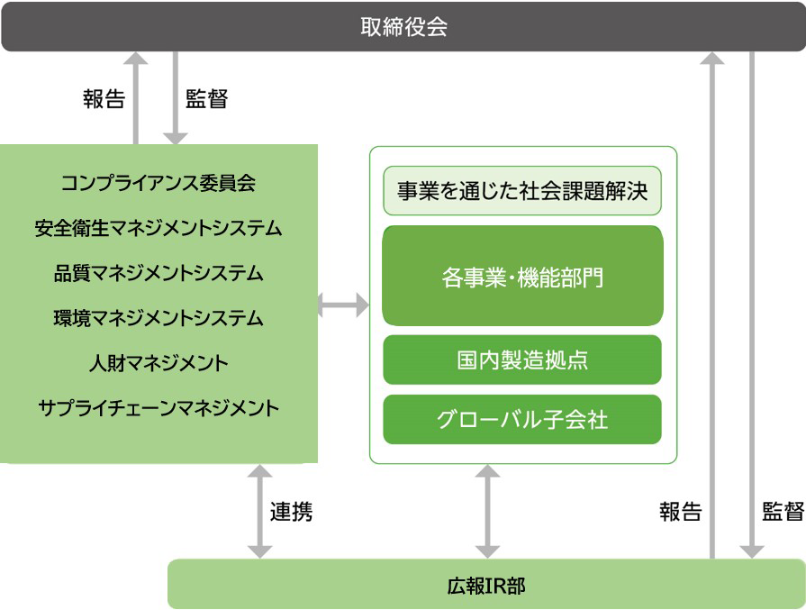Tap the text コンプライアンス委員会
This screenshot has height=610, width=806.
coord(158,183)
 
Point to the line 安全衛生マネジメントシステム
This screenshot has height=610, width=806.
coord(158,228)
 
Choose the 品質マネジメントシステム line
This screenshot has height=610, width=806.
coord(158,273)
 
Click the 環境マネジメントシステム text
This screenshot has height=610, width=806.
coord(158,318)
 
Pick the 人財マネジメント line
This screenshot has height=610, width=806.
coord(158,363)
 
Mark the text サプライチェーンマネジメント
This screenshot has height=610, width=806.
coord(158,408)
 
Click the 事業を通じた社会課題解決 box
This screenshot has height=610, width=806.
coord(522,191)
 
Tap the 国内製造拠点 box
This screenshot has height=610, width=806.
coord(522,360)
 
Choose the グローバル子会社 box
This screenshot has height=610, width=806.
coord(522,420)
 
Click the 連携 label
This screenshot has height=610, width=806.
coord(292,513)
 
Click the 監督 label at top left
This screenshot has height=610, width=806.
coord(206,99)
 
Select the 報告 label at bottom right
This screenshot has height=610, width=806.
coord(680,513)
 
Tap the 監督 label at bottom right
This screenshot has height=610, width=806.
coord(783,513)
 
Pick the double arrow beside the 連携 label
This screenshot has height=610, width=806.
coord(259,511)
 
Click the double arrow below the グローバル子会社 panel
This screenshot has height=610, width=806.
coord(487,511)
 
